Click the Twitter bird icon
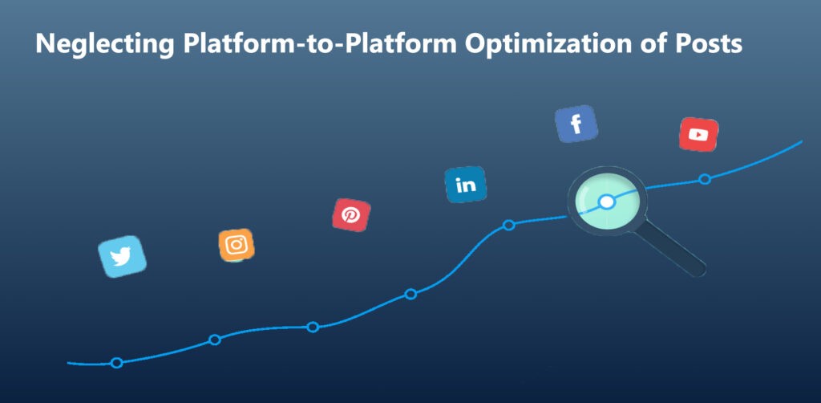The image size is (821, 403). tap(122, 257)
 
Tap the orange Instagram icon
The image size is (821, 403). tap(237, 245)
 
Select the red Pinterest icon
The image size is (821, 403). tap(351, 215)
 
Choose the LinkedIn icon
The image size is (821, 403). tap(466, 185)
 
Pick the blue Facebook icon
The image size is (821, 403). tap(576, 124)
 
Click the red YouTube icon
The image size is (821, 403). tap(698, 134)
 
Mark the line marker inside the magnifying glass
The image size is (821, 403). tap(607, 201)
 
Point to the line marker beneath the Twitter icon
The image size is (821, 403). tap(117, 363)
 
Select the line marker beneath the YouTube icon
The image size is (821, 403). tap(705, 179)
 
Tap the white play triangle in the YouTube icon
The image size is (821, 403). tap(699, 135)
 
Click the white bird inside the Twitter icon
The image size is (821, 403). tap(122, 257)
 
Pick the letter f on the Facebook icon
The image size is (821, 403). tap(576, 124)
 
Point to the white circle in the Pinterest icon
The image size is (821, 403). tap(351, 215)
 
